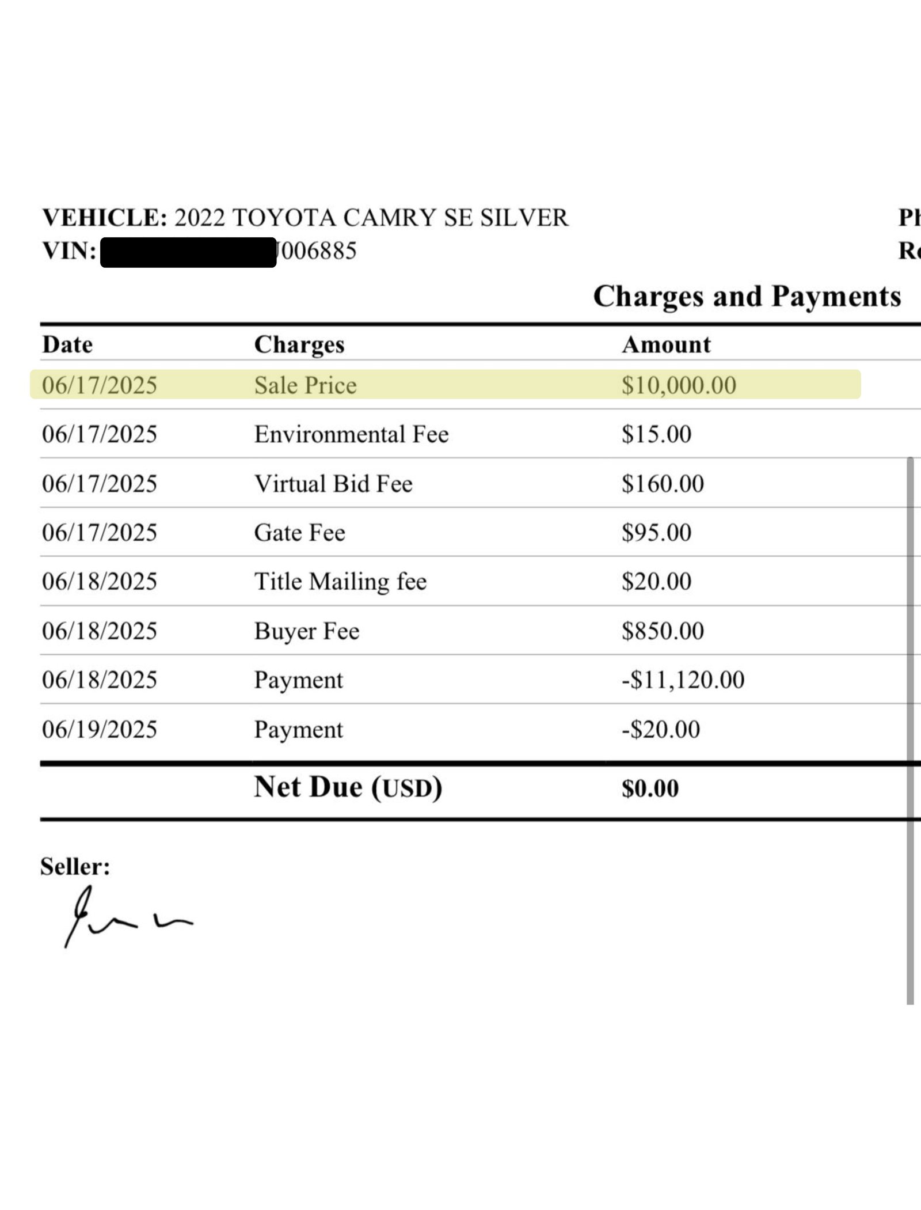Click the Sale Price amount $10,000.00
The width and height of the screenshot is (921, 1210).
(x=679, y=385)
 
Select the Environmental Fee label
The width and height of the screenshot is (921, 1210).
(x=351, y=434)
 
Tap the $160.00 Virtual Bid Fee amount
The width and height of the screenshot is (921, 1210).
(x=663, y=484)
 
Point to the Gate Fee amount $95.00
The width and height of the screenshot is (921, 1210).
(x=656, y=533)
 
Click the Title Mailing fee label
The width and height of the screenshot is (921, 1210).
(x=340, y=582)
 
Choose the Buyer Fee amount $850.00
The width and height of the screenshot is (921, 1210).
(x=663, y=631)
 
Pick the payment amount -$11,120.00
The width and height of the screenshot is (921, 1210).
(x=683, y=680)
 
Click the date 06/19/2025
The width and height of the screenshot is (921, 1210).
(x=100, y=730)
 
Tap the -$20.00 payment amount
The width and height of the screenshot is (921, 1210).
(x=661, y=730)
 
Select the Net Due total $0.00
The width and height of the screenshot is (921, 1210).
(x=650, y=788)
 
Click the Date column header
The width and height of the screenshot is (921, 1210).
(x=67, y=344)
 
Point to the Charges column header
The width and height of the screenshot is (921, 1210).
(x=299, y=344)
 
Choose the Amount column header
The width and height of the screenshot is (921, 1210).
(x=666, y=344)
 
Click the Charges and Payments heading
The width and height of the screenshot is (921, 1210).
(x=747, y=297)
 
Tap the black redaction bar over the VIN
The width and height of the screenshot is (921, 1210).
(x=188, y=252)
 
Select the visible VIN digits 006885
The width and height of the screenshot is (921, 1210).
(x=318, y=251)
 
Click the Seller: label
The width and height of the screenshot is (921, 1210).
(x=75, y=866)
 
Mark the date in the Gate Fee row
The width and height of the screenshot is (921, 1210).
(x=100, y=533)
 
